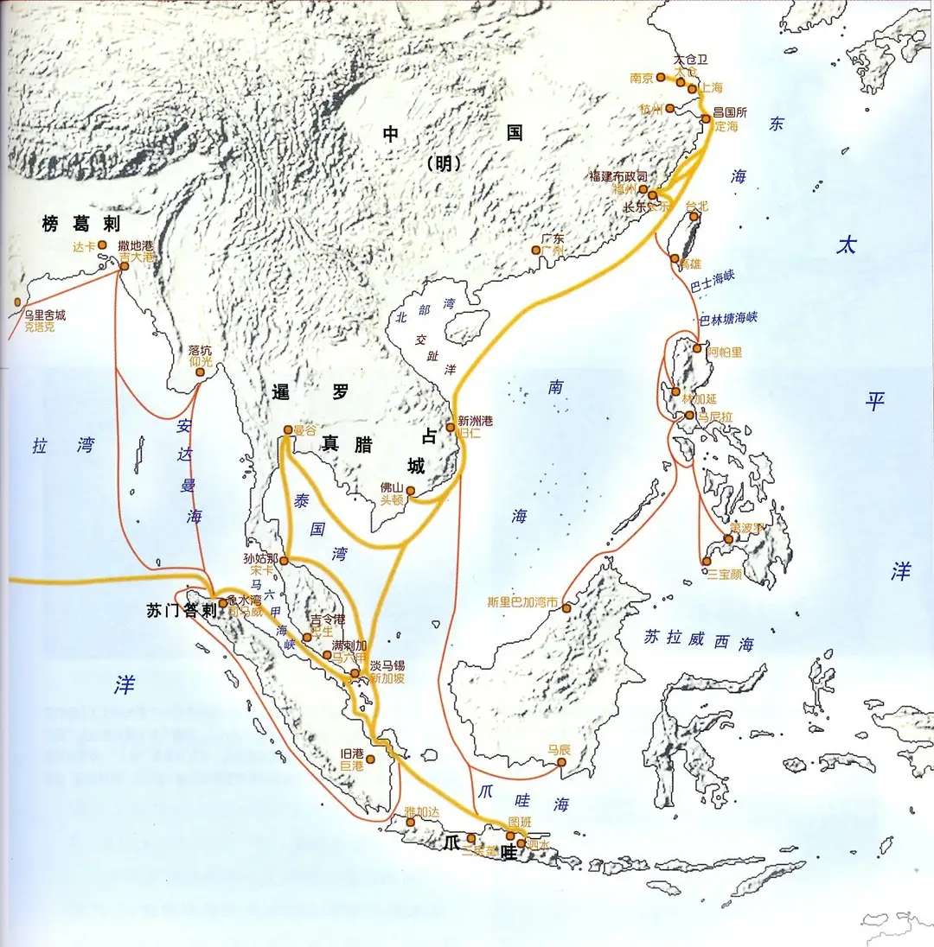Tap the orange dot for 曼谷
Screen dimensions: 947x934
[288, 429]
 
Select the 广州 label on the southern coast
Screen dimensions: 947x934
[553, 251]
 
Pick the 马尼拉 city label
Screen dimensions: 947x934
[715, 416]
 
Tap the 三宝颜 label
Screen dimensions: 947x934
[724, 573]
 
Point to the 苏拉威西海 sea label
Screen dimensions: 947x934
[699, 640]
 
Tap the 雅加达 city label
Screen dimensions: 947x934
[422, 811]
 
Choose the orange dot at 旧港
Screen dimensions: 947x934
[370, 760]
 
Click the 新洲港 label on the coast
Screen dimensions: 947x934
[475, 419]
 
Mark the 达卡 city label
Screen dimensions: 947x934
[85, 246]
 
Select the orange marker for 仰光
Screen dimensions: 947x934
[201, 373]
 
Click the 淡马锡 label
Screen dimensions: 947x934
[387, 666]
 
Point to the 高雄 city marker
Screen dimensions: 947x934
[675, 258]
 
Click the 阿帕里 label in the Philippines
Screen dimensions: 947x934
[724, 353]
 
